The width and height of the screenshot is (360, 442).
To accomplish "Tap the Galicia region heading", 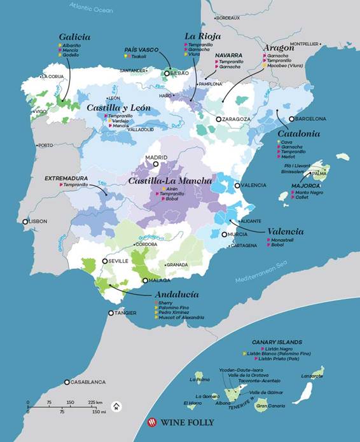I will pyautogui.click(x=74, y=37).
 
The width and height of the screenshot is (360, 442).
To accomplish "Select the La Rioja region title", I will pyautogui.click(x=198, y=36).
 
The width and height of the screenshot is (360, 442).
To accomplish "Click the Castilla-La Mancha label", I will pyautogui.click(x=170, y=181).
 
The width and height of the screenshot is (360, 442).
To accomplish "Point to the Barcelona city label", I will pyautogui.click(x=311, y=119).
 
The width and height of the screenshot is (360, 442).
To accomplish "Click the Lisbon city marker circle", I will pyautogui.click(x=25, y=222).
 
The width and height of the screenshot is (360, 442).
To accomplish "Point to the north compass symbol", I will pyautogui.click(x=116, y=406).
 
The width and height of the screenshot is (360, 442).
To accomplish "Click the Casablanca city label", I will pyautogui.click(x=88, y=382).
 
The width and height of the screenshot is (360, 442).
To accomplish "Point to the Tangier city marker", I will pyautogui.click(x=111, y=313).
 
